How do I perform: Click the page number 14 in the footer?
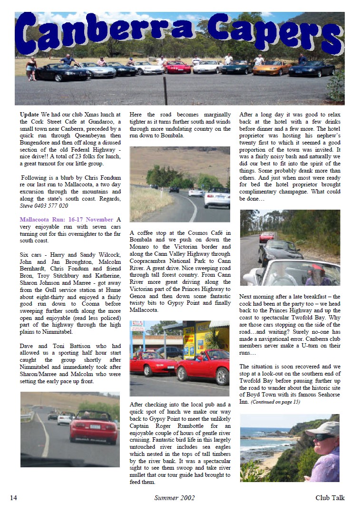click(x=13, y=498)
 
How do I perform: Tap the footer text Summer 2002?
click(x=174, y=498)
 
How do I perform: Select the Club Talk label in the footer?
click(x=330, y=498)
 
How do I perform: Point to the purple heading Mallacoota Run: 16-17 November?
click(x=67, y=220)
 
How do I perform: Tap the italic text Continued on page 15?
click(x=275, y=402)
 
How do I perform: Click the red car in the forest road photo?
click(x=266, y=236)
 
